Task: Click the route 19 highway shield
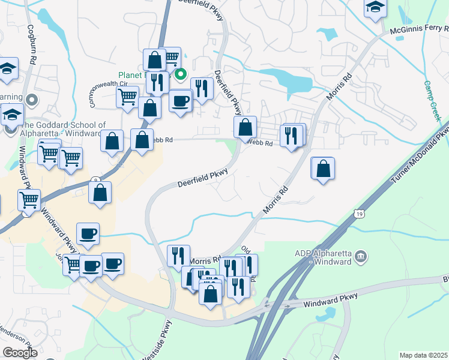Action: (x=358, y=213)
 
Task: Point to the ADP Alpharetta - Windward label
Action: (x=328, y=257)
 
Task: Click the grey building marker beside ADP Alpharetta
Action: (x=361, y=257)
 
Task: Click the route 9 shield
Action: (x=95, y=181)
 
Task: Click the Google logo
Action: (x=20, y=353)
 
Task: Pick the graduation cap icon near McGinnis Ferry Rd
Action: (x=376, y=7)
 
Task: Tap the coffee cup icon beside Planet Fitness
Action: (x=180, y=100)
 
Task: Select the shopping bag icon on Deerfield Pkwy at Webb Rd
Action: (x=245, y=127)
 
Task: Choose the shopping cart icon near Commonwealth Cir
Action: (x=128, y=96)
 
